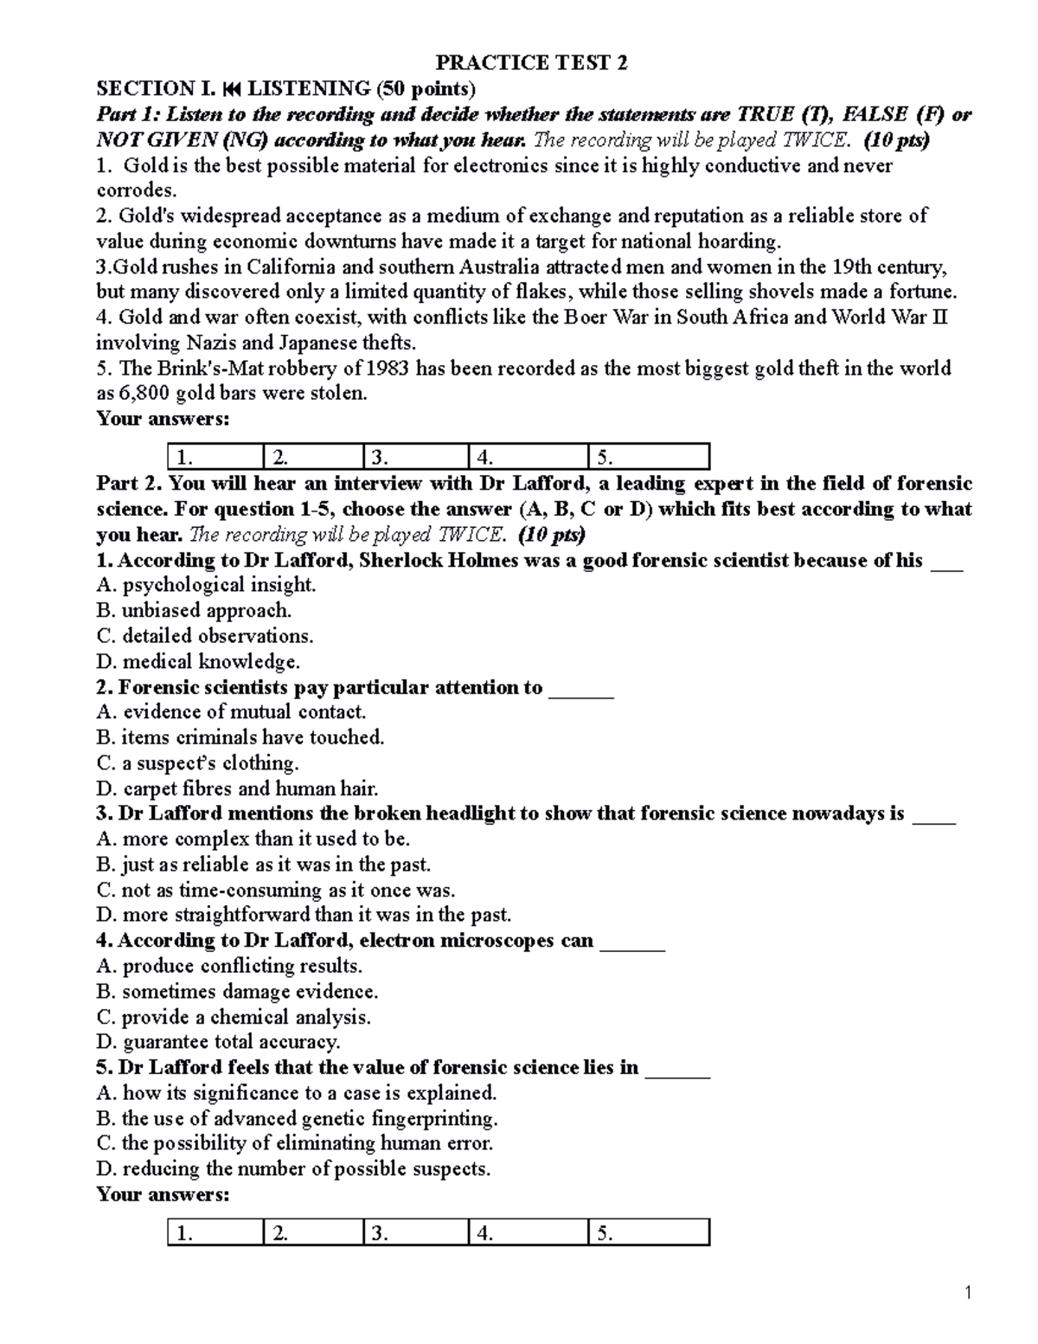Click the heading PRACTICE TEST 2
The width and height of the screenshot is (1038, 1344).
point(531,62)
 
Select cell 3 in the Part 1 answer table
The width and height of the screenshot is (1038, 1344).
point(415,457)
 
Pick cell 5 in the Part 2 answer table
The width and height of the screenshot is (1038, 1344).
point(648,1233)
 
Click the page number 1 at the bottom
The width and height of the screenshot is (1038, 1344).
point(970,1294)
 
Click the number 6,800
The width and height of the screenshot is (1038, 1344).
point(144,394)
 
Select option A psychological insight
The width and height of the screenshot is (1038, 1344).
point(207,585)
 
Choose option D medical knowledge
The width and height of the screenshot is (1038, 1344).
point(199,662)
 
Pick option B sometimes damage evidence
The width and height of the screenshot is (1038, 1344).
point(238,992)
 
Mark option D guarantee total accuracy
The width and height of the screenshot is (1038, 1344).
point(219,1042)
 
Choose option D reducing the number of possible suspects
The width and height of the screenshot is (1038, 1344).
point(294,1169)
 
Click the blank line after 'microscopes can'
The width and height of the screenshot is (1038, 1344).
point(632,942)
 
